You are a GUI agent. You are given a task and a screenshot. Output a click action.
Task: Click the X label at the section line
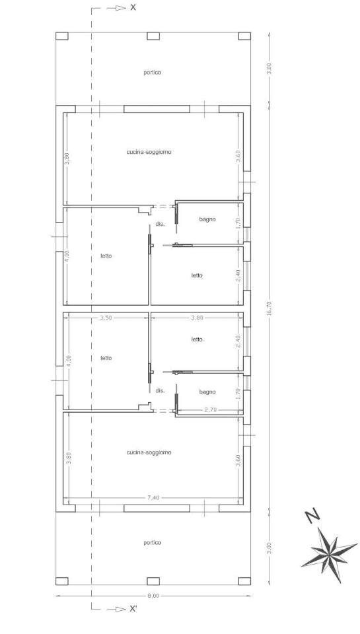(133, 7)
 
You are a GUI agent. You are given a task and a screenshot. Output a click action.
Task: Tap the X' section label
(133, 609)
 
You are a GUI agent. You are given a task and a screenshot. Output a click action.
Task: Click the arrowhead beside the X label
(120, 8)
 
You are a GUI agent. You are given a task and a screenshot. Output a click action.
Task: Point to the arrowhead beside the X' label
(120, 609)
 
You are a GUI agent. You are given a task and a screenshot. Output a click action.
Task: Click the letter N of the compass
(312, 516)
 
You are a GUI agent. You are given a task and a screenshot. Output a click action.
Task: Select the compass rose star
(328, 554)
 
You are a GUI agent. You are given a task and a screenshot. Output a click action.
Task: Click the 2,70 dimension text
(211, 409)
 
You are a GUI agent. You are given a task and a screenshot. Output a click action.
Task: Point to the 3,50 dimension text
(106, 318)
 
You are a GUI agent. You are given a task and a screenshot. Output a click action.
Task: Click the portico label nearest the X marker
(153, 73)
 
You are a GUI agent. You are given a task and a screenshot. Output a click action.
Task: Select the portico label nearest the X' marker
(153, 543)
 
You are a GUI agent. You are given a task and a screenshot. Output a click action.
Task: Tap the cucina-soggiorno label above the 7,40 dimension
(149, 452)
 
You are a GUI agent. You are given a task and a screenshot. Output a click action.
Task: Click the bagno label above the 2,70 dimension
(207, 392)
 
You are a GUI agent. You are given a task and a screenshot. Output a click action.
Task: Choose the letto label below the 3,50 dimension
(106, 358)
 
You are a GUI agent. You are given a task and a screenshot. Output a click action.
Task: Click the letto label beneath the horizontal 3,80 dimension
(197, 339)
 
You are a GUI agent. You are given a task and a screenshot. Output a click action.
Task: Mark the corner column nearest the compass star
(244, 581)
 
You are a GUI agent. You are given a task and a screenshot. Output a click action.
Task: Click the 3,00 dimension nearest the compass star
(270, 549)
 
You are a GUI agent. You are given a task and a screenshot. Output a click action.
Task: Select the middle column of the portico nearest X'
(153, 581)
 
